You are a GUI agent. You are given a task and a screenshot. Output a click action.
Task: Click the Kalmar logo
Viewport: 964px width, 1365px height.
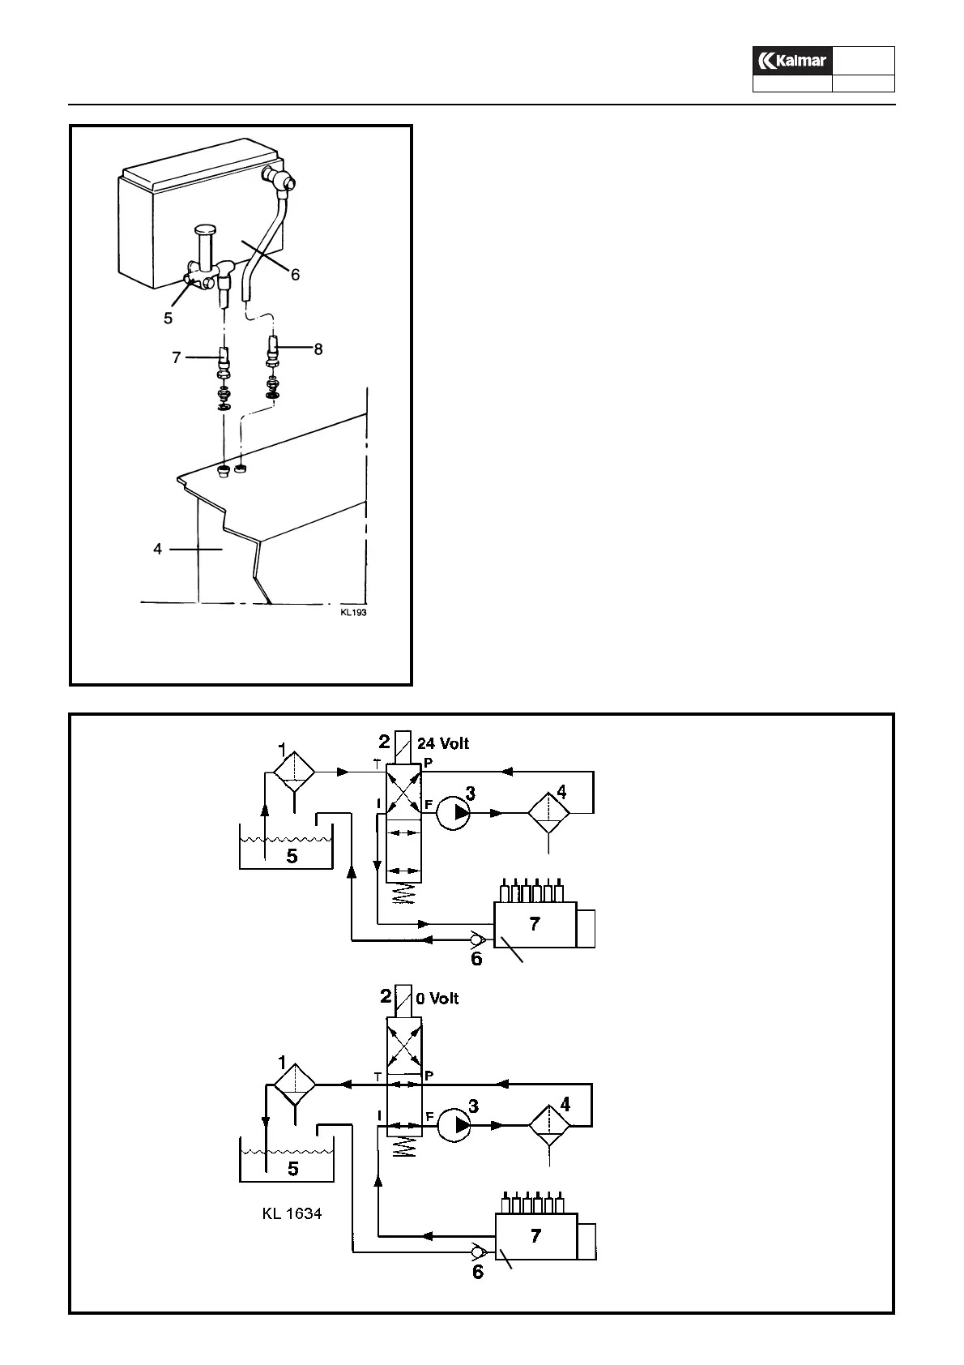[x=791, y=61]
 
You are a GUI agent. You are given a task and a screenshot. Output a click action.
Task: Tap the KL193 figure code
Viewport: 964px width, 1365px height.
[x=353, y=613]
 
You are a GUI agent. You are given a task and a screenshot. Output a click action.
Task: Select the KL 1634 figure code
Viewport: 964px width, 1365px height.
[x=292, y=1213]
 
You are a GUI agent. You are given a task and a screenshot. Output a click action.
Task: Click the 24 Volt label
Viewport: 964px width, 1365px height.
[x=442, y=743]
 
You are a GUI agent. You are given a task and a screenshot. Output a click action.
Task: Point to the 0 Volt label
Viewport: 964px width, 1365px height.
[x=437, y=999]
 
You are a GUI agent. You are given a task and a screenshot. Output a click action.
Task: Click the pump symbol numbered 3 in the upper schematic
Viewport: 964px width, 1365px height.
[x=454, y=813]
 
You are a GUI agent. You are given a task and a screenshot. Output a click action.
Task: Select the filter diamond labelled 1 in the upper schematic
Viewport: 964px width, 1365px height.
[x=293, y=772]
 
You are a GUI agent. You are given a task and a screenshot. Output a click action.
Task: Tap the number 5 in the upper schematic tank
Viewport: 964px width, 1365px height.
[x=292, y=856]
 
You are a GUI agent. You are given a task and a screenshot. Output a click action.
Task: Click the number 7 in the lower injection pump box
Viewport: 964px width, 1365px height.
[x=535, y=1236]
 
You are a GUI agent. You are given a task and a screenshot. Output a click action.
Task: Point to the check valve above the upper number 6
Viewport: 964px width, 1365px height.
[x=477, y=940]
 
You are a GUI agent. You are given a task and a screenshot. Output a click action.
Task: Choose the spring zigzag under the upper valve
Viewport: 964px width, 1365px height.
[x=403, y=896]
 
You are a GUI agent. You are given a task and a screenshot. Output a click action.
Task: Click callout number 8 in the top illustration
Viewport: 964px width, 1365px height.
[x=318, y=349]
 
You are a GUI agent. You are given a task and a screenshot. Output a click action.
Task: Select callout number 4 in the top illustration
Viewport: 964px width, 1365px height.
[x=158, y=549]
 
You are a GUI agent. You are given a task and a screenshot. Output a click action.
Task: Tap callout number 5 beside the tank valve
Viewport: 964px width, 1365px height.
[x=168, y=319]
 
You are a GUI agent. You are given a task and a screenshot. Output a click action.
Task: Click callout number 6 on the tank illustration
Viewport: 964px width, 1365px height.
[x=296, y=275]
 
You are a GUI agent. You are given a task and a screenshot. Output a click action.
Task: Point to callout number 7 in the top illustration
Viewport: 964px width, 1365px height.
[x=177, y=357]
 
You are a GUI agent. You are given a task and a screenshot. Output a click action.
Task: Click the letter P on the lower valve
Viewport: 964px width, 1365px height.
[x=429, y=1076]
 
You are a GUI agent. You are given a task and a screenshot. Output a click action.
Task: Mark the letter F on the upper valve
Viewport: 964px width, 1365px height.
[x=429, y=805]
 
